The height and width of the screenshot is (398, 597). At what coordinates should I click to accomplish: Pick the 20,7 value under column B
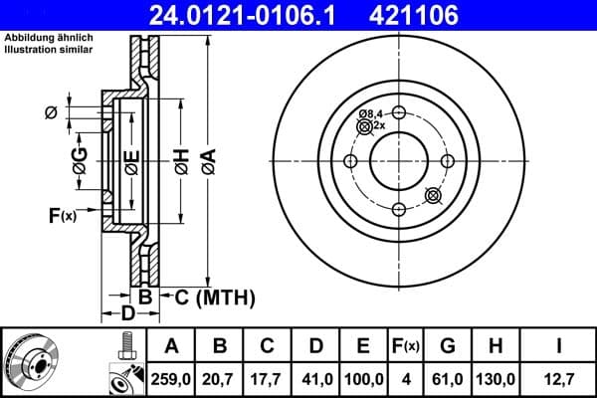[221, 380]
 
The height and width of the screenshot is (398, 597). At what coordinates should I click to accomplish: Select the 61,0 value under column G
[447, 380]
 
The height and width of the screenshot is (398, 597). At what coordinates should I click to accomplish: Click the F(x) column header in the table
[405, 346]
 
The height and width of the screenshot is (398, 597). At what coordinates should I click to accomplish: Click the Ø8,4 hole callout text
[371, 114]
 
